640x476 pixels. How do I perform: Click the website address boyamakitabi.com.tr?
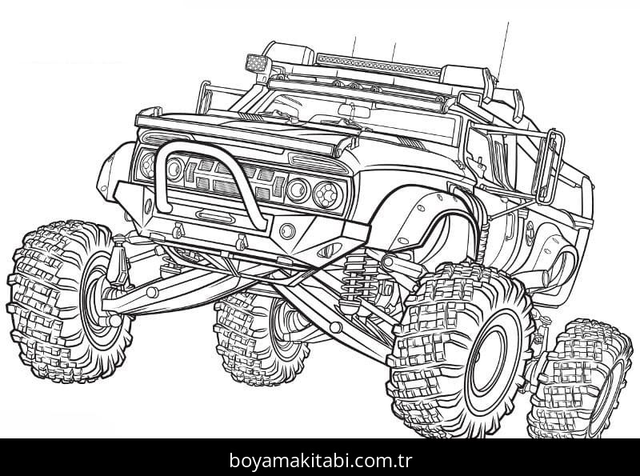click(x=319, y=460)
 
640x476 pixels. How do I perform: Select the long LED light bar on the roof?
click(x=376, y=64)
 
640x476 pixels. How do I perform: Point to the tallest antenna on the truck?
click(x=504, y=48)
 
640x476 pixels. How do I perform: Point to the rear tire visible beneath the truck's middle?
click(x=256, y=336)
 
